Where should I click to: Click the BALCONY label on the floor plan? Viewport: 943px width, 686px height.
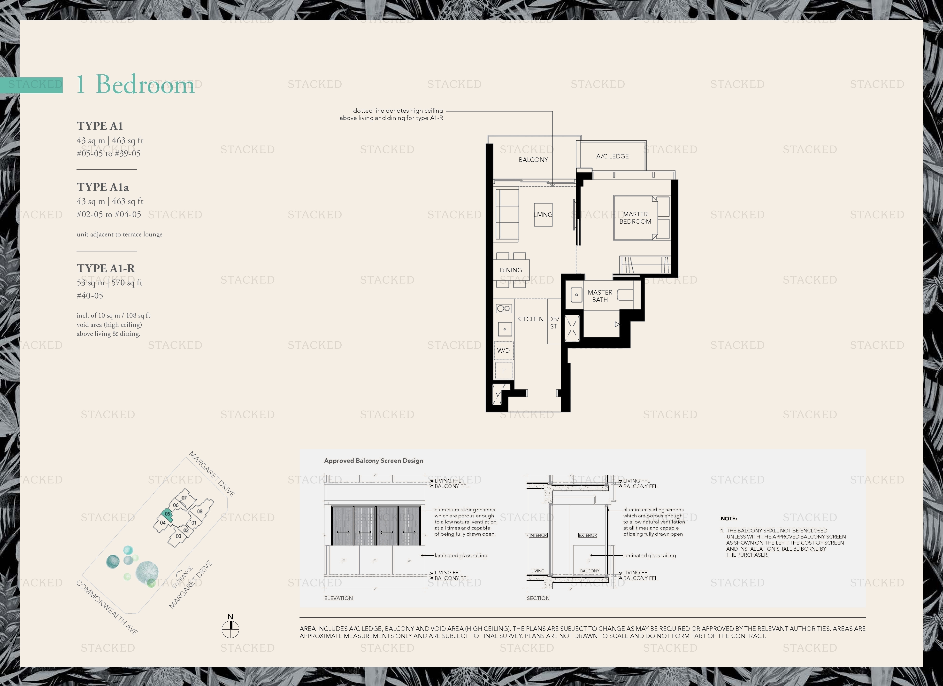click(533, 160)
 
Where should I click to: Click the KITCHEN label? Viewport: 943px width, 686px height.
click(530, 319)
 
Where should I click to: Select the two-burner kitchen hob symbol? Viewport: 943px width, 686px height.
click(504, 309)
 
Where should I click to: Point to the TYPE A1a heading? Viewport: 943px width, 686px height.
click(103, 187)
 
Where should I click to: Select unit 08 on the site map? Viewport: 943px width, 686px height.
click(199, 511)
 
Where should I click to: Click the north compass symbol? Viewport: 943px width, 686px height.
click(230, 629)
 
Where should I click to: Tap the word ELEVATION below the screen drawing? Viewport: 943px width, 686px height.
click(338, 598)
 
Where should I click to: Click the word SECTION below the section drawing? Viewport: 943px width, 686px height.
click(538, 598)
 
